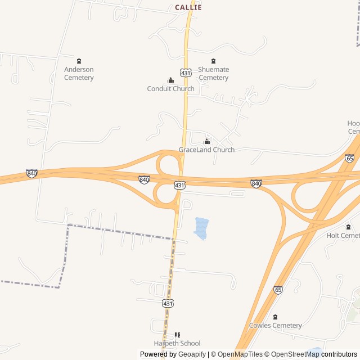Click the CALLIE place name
coord(188,7)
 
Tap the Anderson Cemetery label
coord(79,74)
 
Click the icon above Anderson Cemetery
coord(79,61)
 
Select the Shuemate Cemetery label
coord(213,74)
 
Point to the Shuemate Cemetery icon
coord(213,61)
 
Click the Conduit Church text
coord(170,89)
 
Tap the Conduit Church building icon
coord(170,80)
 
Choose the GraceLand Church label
coord(206,150)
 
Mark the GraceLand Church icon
coord(206,141)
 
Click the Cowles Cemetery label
coord(275,326)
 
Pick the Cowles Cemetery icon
coord(275,317)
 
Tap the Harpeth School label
coord(177,344)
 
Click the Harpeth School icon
coord(177,335)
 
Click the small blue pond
coord(200,228)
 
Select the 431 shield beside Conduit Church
coord(186,73)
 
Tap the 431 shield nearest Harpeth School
coord(168,303)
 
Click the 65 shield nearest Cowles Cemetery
coord(278,290)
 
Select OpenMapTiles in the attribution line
coord(241,354)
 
